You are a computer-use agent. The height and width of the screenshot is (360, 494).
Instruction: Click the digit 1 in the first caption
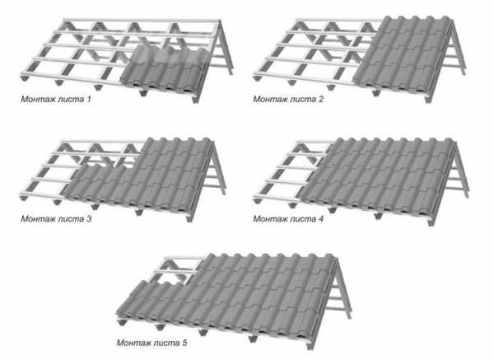89,100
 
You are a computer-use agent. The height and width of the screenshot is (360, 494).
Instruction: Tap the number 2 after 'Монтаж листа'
321,100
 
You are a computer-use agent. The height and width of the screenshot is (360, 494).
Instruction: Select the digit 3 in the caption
89,219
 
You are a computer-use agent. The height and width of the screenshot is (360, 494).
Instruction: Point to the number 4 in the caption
321,219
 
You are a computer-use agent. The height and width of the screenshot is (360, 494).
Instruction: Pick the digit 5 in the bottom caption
184,343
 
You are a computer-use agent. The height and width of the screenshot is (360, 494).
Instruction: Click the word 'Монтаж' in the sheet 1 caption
39,100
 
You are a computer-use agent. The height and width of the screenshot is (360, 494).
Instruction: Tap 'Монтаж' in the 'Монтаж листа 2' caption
271,100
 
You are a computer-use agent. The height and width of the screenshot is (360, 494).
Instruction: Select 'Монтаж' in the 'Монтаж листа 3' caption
39,219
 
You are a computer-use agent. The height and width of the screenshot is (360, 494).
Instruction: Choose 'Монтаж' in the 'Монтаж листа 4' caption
271,219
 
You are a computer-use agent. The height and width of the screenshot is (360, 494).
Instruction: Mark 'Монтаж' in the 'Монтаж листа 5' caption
134,343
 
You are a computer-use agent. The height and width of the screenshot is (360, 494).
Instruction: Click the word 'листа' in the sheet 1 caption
71,100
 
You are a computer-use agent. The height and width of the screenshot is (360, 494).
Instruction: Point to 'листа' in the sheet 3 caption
71,219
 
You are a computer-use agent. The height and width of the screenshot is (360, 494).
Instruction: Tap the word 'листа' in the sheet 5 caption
167,343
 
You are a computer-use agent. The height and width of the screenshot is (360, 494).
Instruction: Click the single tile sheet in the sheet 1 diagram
164,71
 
